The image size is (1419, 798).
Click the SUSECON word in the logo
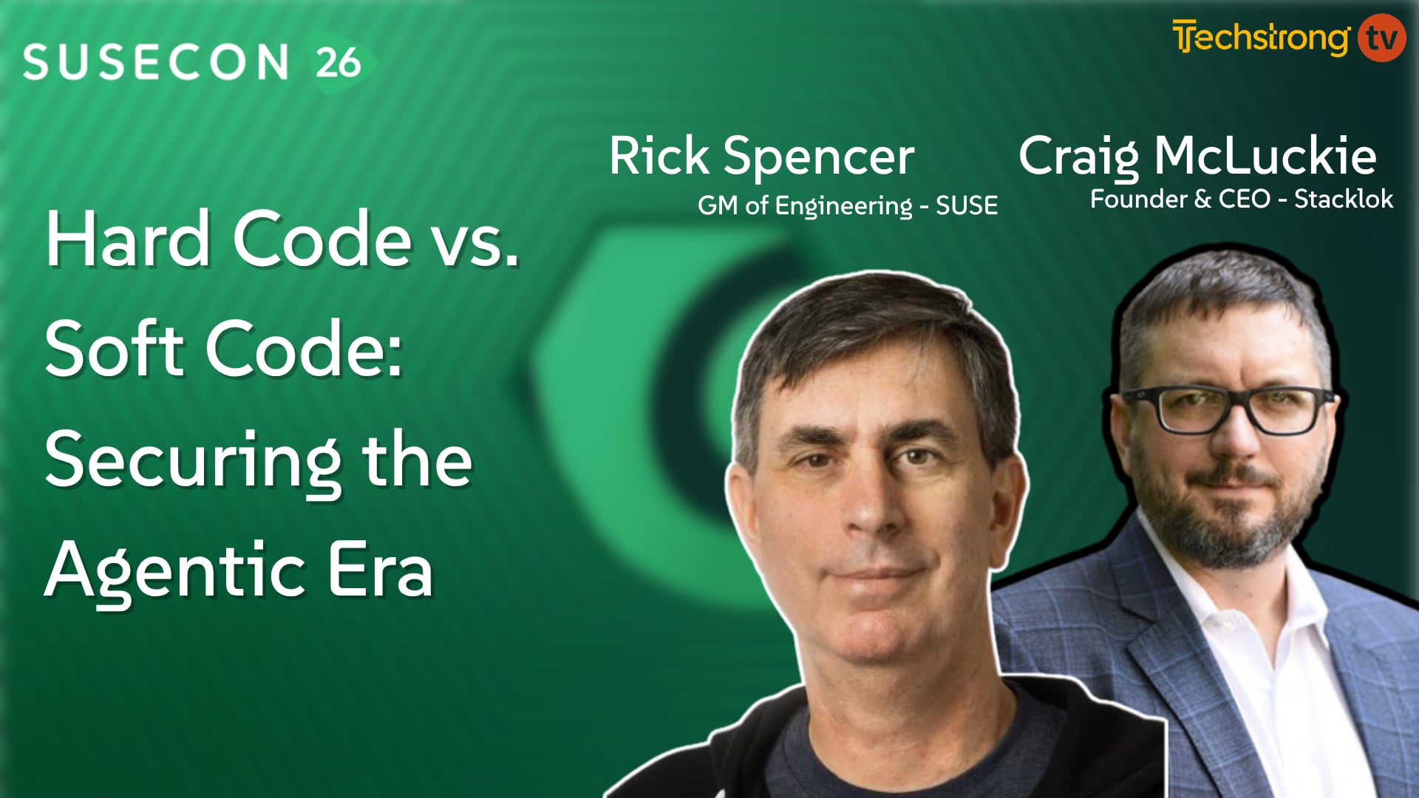(x=155, y=62)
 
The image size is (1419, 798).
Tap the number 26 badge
(x=338, y=63)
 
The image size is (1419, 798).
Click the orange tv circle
(x=1381, y=38)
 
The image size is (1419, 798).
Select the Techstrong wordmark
(x=1261, y=38)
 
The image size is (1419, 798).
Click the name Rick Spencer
(x=761, y=157)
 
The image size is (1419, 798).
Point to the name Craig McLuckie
(x=1197, y=157)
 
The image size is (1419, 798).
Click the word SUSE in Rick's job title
(x=967, y=205)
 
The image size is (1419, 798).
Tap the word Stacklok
(x=1344, y=199)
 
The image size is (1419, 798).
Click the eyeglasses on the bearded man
(x=1227, y=410)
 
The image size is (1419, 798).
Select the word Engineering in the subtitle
(x=843, y=205)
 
